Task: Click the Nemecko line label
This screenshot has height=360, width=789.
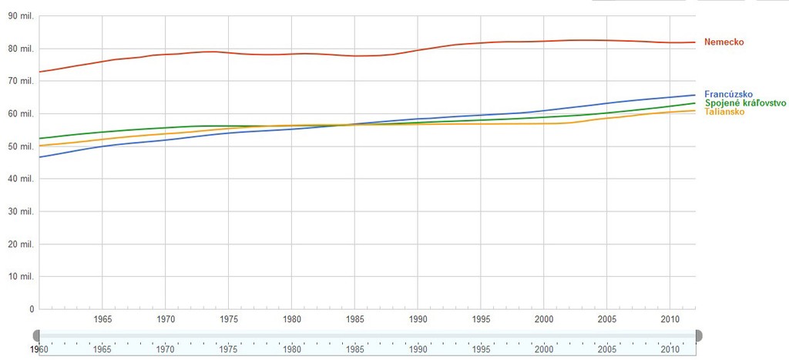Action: pos(724,42)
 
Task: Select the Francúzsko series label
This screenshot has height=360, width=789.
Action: pos(728,94)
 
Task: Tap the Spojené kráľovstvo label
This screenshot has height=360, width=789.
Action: pos(745,103)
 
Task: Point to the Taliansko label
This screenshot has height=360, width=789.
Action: pos(724,112)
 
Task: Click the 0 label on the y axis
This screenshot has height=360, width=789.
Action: pos(32,309)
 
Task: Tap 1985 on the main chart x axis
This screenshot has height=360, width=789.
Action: pos(354,318)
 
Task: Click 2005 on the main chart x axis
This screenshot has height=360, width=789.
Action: pos(607,318)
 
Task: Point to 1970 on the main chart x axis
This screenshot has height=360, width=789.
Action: pos(165,318)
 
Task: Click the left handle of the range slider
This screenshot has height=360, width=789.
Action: pos(35,335)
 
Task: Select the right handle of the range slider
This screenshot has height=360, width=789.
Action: pos(699,335)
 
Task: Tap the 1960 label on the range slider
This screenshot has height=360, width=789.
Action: pos(39,349)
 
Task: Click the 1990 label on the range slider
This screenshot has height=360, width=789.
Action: pos(418,349)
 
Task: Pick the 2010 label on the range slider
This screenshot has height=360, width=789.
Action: pos(670,349)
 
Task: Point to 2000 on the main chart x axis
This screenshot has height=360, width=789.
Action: pos(544,318)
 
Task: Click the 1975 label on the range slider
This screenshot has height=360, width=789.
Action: pos(228,349)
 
